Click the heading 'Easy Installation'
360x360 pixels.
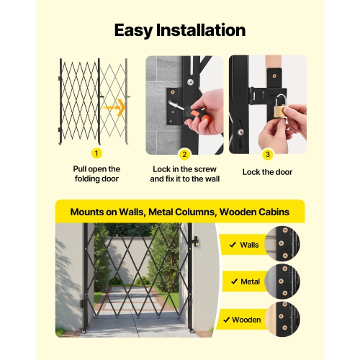(180, 30)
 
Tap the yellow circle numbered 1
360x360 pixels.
(96, 153)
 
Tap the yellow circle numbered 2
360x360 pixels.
(184, 153)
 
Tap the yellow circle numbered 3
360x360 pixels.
(267, 153)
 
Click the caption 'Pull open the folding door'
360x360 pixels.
(96, 173)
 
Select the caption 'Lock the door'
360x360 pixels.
(267, 172)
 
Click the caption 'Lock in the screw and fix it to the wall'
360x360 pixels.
(184, 173)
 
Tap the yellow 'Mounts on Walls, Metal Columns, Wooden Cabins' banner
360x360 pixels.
(180, 212)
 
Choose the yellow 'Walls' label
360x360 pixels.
(241, 245)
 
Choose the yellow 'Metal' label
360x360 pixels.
(241, 282)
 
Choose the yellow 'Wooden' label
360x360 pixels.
(241, 319)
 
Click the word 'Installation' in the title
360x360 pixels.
(204, 30)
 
